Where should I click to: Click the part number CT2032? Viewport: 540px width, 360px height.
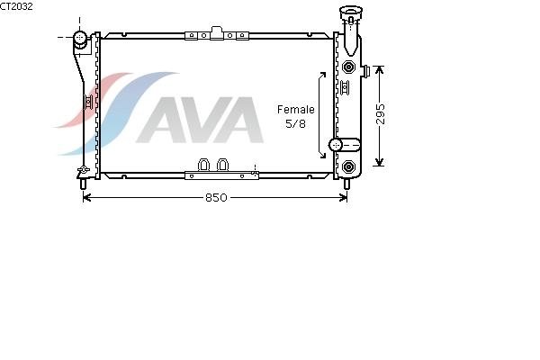(16, 6)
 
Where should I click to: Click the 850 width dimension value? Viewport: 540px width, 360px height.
(216, 198)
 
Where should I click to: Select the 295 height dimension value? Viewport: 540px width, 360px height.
(380, 113)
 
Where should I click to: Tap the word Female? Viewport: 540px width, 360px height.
(296, 110)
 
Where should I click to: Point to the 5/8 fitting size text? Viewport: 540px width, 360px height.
(295, 123)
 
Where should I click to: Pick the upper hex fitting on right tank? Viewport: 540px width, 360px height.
(349, 67)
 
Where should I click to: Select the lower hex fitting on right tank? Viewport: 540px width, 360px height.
(349, 167)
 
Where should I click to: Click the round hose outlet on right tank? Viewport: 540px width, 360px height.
(335, 145)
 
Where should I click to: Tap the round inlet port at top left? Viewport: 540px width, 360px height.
(80, 37)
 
